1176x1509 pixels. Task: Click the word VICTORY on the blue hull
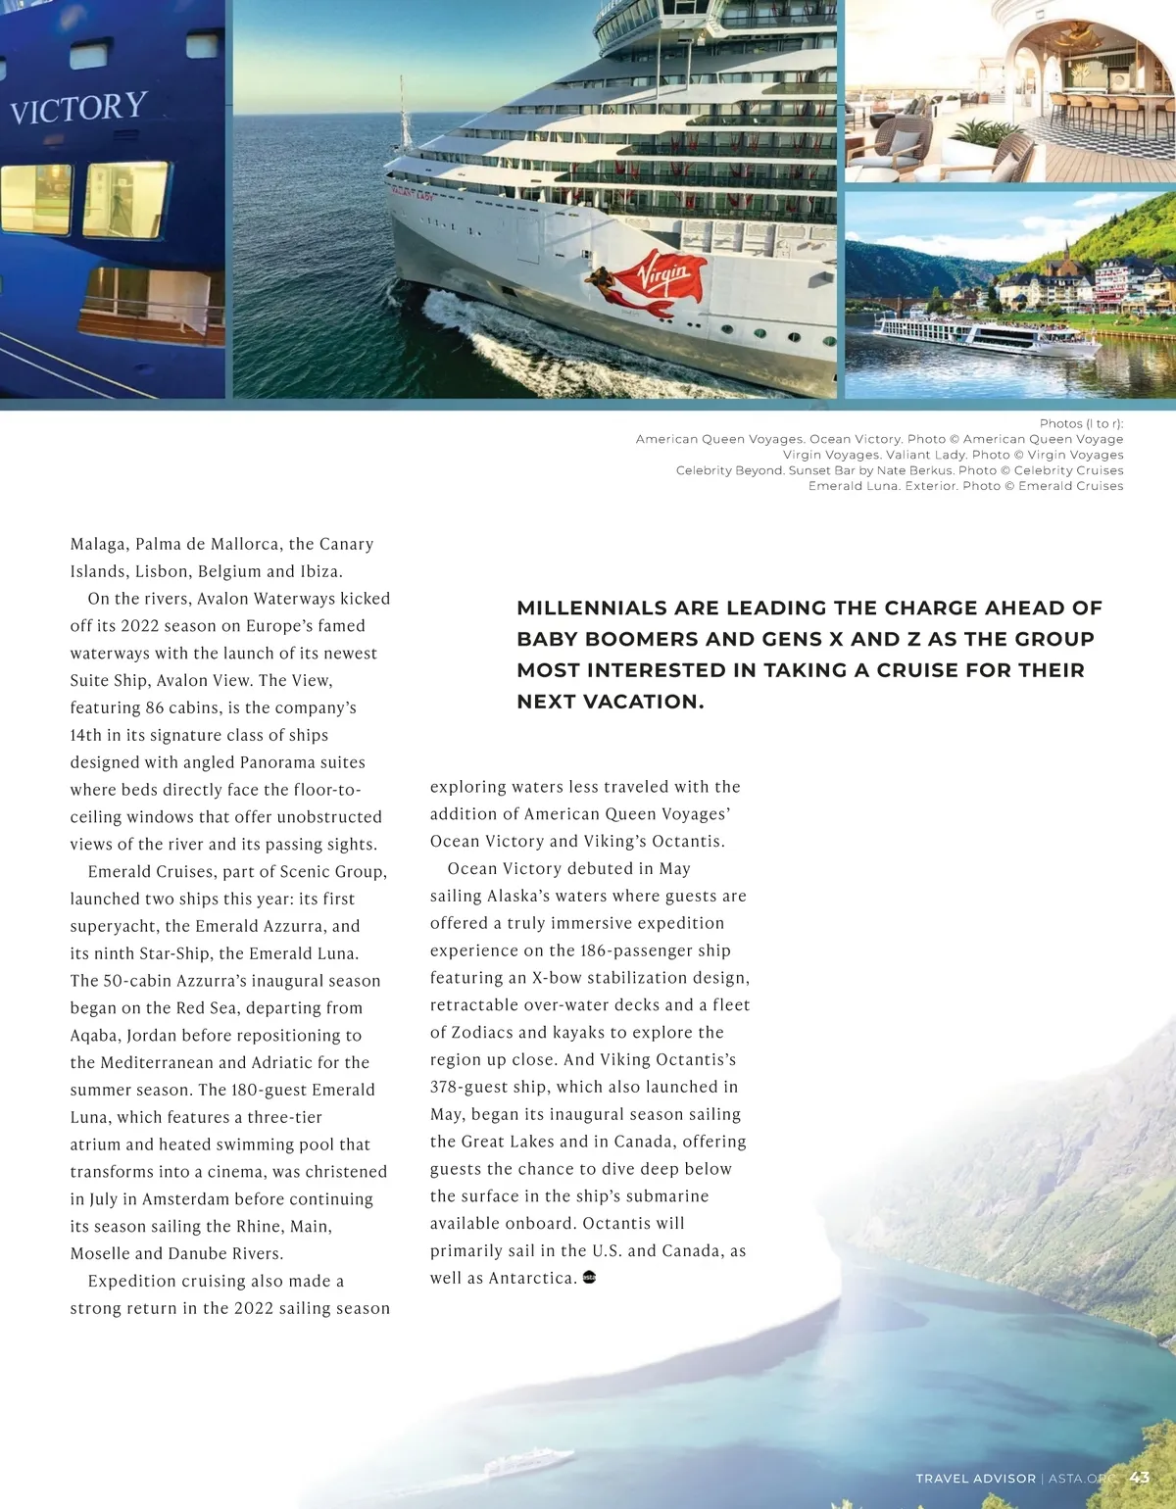[78, 108]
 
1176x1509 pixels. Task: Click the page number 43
[1139, 1478]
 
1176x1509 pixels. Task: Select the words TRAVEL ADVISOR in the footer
[975, 1479]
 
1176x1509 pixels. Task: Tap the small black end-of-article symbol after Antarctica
[589, 1277]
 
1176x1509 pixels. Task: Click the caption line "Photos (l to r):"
[1081, 423]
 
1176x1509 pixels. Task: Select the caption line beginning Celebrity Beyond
[899, 470]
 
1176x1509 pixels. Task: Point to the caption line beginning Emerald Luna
[965, 486]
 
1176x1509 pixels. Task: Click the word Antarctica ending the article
[531, 1278]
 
